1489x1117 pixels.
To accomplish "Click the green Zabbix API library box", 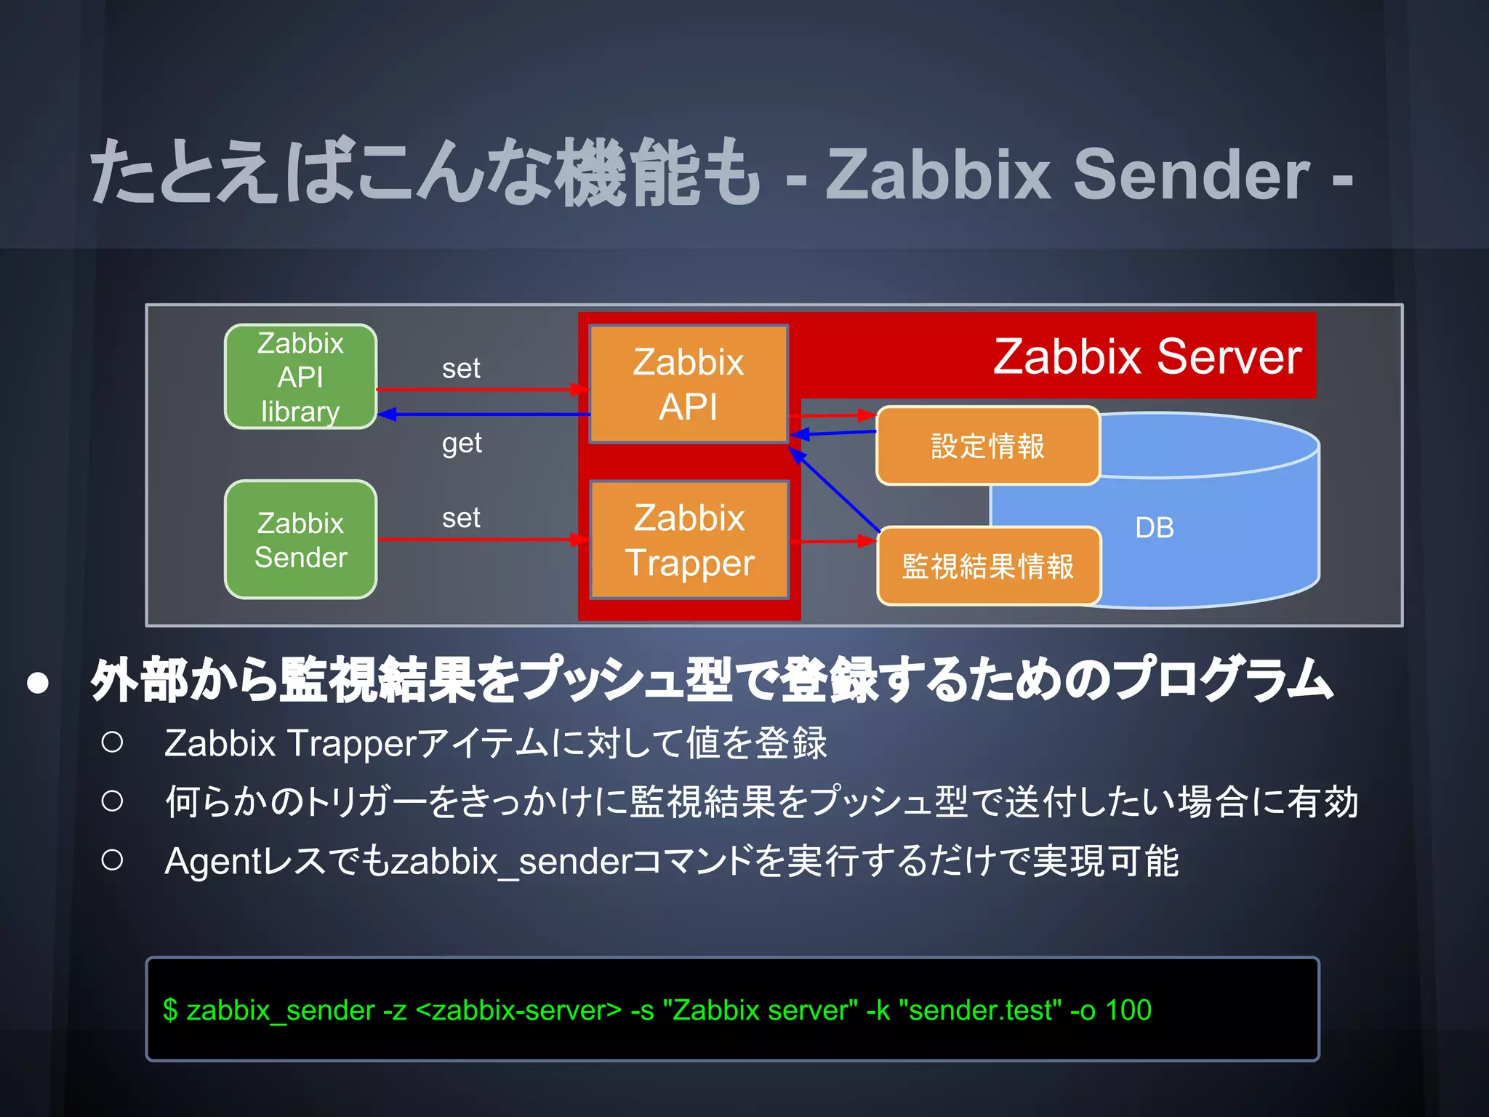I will click(x=300, y=376).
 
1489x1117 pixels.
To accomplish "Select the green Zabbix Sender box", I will click(x=300, y=540).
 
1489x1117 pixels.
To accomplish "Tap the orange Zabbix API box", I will click(x=689, y=383).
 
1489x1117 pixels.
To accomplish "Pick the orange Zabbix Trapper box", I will click(x=689, y=540).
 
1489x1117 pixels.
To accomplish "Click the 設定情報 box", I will click(x=987, y=446).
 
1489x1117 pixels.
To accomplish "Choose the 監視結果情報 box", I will click(x=987, y=566).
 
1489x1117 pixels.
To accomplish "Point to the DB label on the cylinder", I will click(x=1154, y=528).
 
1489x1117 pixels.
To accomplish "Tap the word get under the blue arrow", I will click(x=462, y=442).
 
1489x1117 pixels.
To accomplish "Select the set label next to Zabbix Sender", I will click(x=461, y=518).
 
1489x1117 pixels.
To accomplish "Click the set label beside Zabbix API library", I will click(x=461, y=368).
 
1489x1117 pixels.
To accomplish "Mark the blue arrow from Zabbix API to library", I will click(x=483, y=415).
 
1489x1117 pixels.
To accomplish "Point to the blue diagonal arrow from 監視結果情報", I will click(x=836, y=490).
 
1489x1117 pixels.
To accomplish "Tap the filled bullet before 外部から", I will click(x=38, y=683).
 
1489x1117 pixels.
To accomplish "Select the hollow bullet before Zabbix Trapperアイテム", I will click(x=112, y=742).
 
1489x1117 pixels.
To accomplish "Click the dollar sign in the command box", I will click(x=170, y=1010).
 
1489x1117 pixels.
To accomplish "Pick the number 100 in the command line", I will click(x=1128, y=1010).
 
